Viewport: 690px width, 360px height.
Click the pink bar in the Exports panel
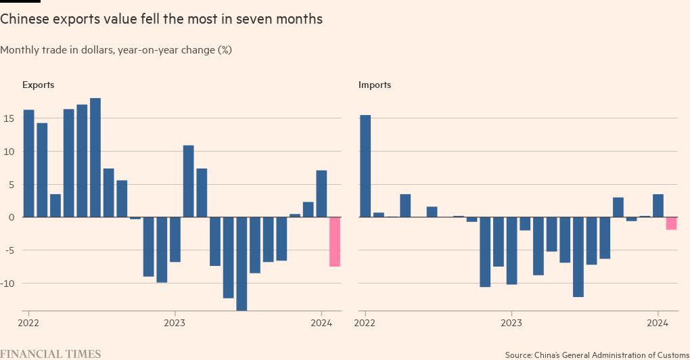click(335, 242)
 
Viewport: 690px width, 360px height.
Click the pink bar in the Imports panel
click(671, 223)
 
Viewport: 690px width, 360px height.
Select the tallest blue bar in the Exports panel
click(95, 157)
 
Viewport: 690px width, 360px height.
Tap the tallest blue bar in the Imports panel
click(365, 166)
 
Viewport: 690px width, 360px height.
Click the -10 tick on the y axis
click(9, 283)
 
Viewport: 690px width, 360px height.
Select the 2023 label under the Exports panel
click(175, 323)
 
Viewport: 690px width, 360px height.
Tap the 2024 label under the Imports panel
click(658, 323)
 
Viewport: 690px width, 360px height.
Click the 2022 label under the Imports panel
click(365, 323)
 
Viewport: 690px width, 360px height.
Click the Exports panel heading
click(38, 85)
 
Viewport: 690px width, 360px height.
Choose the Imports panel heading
click(375, 85)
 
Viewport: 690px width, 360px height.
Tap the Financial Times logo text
click(51, 354)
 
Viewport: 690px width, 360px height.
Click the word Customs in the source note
click(666, 355)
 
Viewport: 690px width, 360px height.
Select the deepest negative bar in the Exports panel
click(241, 264)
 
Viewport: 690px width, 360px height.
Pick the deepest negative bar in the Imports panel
click(578, 257)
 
